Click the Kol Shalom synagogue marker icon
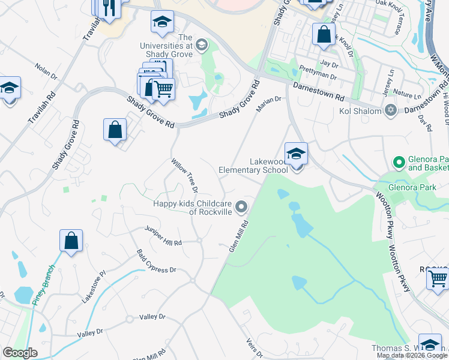(x=391, y=111)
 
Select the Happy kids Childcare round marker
(x=241, y=208)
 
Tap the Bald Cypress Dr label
(x=156, y=262)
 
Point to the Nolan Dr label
(x=46, y=71)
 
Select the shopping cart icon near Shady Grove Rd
(x=163, y=89)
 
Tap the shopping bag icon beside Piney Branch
(x=71, y=241)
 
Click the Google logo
(x=20, y=353)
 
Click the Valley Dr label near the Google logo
(x=90, y=332)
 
